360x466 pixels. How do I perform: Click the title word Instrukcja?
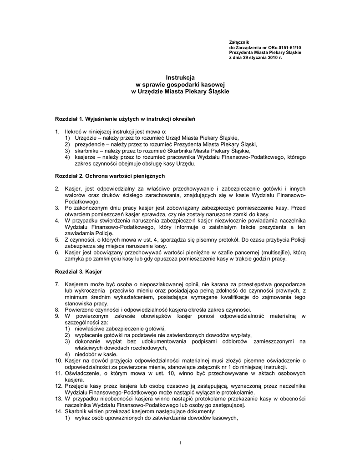(x=180, y=78)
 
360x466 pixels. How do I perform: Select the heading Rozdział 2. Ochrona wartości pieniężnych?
(x=110, y=176)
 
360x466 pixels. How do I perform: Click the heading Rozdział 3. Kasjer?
(x=78, y=272)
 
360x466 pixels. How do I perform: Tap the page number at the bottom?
(x=181, y=443)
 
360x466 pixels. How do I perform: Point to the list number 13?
(x=58, y=399)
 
